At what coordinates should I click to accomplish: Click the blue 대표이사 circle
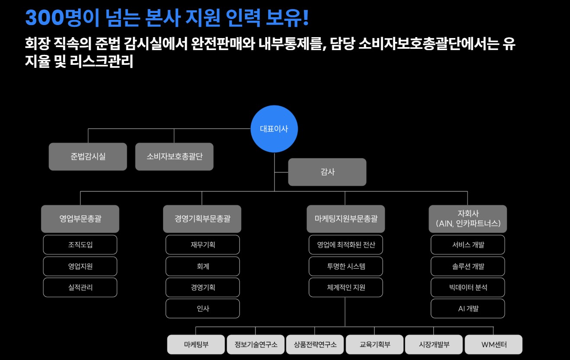coord(274,129)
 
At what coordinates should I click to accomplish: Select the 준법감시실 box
coord(88,156)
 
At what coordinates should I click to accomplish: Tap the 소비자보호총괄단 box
coord(174,156)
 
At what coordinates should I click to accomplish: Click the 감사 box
coord(327,172)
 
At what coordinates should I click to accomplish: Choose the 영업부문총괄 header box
coord(80,219)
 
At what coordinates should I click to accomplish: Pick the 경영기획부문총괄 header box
coord(202,219)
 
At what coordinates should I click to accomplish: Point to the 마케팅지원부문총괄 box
coord(346,219)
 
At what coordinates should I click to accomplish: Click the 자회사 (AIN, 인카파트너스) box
coord(468,219)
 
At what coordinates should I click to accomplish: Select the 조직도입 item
coord(80,245)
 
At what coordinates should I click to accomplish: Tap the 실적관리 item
coord(80,287)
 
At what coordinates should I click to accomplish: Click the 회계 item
coord(202,266)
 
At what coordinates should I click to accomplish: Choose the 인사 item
coord(202,309)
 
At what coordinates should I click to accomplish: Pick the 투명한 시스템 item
coord(346,266)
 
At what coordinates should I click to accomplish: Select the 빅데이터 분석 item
coord(468,287)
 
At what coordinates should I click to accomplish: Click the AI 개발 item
coord(468,309)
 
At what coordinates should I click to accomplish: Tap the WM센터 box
coord(493,344)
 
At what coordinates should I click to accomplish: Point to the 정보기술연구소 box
coord(256,344)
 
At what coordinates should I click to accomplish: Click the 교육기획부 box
coord(375,344)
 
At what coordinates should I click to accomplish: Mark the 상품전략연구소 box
coord(315,344)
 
